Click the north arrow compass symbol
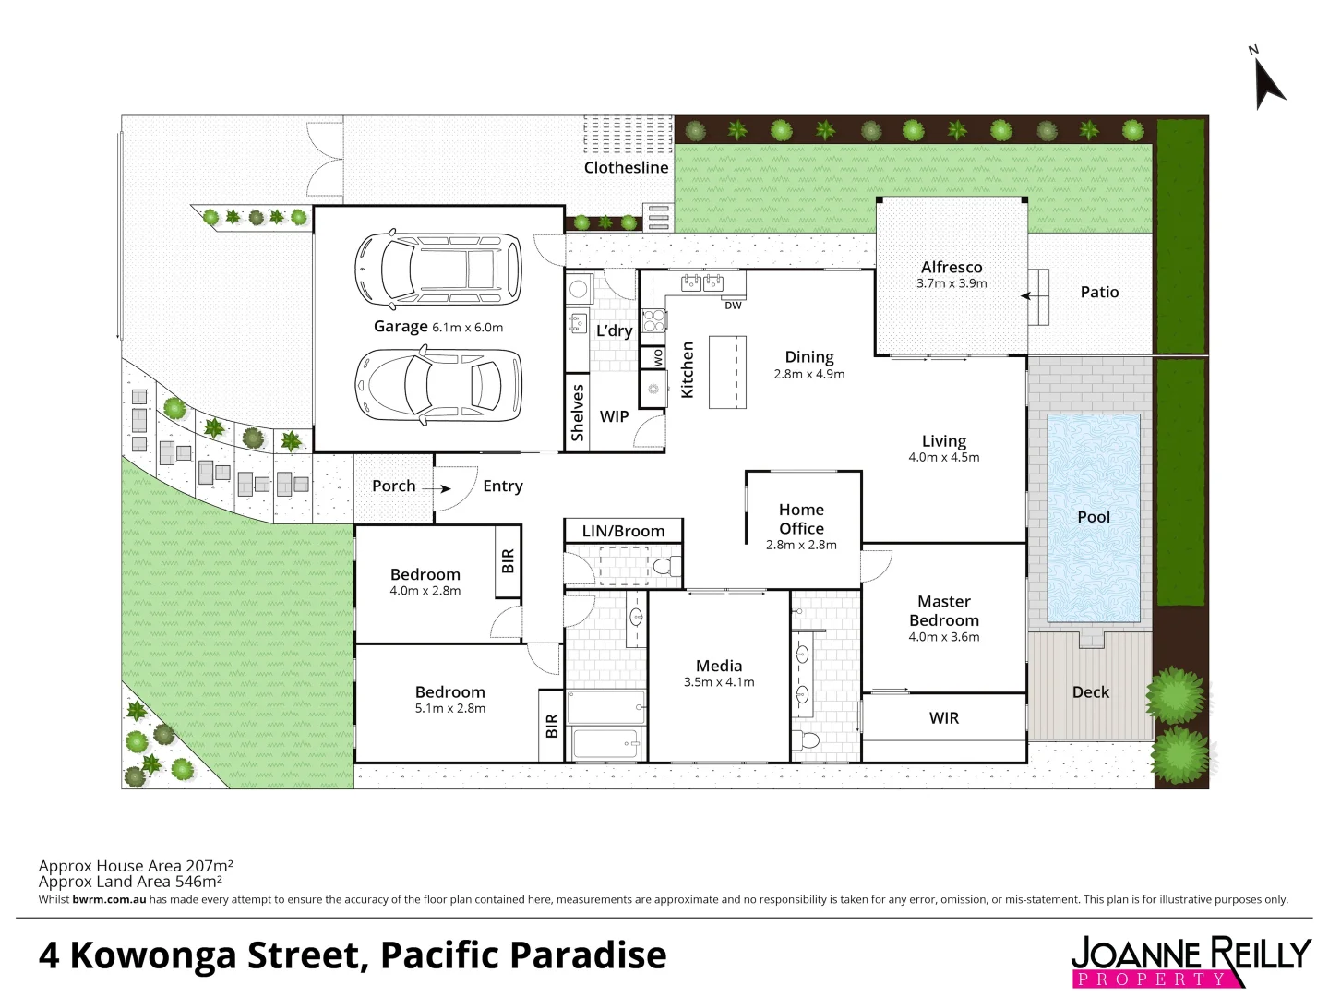pos(1268,81)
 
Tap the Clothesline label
pos(626,167)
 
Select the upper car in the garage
pos(438,270)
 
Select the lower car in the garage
pos(438,383)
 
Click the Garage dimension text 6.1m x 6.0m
pos(468,328)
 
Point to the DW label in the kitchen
pos(733,306)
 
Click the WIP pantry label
pos(614,416)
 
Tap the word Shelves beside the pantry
pos(578,413)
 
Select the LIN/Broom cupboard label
pos(623,531)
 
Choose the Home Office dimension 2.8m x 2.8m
pos(801,545)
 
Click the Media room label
pos(719,666)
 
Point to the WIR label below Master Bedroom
pos(943,717)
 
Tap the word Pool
pos(1094,517)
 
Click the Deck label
pos(1090,691)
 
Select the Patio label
pos(1099,292)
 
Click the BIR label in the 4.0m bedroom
pos(508,560)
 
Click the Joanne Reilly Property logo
pos(1191,961)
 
